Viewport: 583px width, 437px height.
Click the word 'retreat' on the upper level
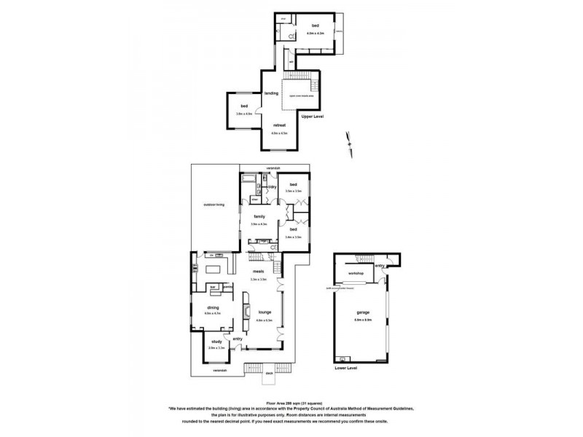coord(280,126)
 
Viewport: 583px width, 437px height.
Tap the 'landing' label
coord(272,93)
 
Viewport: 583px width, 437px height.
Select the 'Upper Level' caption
coord(312,117)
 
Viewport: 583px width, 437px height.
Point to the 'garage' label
coord(362,313)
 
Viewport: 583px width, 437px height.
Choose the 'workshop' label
coord(356,273)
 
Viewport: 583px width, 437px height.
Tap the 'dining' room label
coord(213,308)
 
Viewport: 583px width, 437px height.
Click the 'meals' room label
coord(258,272)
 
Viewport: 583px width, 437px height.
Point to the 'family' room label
coord(259,217)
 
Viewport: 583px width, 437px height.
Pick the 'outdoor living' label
coord(214,205)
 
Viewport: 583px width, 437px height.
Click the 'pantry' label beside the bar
coord(227,288)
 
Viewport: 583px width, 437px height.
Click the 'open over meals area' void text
coord(302,95)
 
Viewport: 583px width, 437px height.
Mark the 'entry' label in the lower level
coord(380,266)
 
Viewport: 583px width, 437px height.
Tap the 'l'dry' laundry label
coord(271,188)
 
